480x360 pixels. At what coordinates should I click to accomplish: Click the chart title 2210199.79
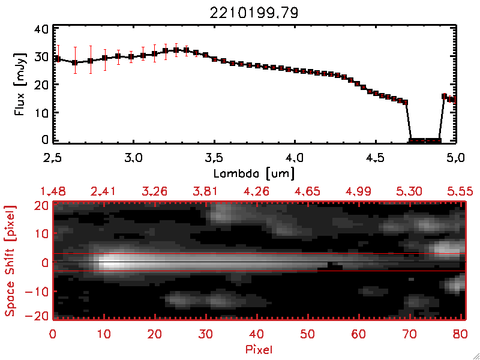254,11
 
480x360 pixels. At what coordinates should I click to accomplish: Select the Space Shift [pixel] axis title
10,260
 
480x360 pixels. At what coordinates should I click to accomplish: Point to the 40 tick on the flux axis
41,28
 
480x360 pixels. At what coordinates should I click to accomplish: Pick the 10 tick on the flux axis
41,112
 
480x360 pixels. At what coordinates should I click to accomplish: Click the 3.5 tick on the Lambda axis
214,158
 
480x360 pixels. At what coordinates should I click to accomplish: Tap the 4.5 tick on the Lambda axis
374,158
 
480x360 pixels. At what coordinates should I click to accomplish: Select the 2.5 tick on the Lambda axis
53,158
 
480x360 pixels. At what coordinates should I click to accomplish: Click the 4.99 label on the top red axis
359,191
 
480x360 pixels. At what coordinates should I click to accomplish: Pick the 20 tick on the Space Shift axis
41,205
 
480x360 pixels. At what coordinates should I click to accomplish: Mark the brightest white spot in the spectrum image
109,262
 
